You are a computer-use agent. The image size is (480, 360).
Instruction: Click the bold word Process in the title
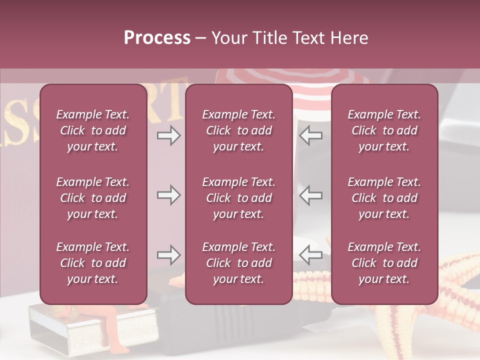click(x=157, y=38)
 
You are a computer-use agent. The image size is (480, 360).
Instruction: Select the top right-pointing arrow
click(x=168, y=135)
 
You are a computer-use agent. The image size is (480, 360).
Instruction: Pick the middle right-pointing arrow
click(x=168, y=194)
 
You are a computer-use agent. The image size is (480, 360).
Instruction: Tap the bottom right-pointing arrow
click(x=168, y=255)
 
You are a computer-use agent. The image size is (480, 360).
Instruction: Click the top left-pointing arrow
click(x=311, y=135)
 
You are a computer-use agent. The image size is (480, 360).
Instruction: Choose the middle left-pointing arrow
click(x=311, y=194)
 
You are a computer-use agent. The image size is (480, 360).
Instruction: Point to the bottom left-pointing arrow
click(x=311, y=255)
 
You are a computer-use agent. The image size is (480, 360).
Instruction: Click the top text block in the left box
click(x=93, y=130)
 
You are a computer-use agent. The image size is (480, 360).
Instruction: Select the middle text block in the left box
click(x=93, y=198)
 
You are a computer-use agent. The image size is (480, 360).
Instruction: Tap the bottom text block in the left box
click(x=93, y=263)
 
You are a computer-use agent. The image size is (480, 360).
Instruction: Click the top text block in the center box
click(x=239, y=130)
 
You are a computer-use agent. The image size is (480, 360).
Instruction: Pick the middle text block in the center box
click(x=239, y=198)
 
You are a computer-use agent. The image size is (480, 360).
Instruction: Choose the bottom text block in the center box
click(x=239, y=263)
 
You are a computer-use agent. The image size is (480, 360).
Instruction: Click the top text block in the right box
click(x=384, y=130)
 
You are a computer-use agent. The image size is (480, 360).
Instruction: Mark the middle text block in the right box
click(x=384, y=198)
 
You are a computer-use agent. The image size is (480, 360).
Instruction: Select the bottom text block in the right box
click(x=384, y=263)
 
